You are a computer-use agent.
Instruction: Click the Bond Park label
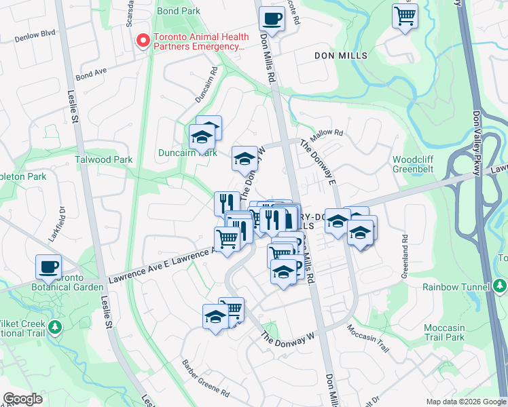tap(178, 11)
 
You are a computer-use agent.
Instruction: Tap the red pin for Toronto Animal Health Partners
tap(143, 41)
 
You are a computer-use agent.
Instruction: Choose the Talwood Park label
tap(104, 159)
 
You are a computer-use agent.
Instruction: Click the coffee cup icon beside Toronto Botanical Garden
tap(48, 267)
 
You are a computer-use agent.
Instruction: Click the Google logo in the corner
tap(23, 399)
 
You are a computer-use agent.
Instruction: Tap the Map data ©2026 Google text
tap(465, 402)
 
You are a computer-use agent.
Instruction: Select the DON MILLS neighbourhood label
tap(341, 55)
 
